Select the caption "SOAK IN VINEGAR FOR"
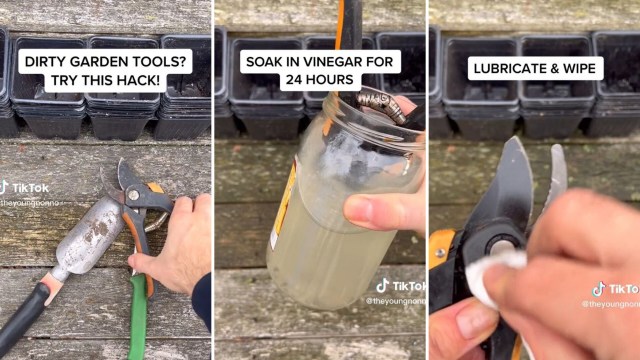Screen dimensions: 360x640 [x=321, y=61]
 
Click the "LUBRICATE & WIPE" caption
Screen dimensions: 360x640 [x=535, y=68]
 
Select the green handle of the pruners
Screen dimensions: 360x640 [x=138, y=320]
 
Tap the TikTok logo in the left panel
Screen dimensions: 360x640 [x=5, y=187]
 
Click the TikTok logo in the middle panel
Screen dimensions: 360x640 [x=382, y=285]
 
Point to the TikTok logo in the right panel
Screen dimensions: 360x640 [x=597, y=288]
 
